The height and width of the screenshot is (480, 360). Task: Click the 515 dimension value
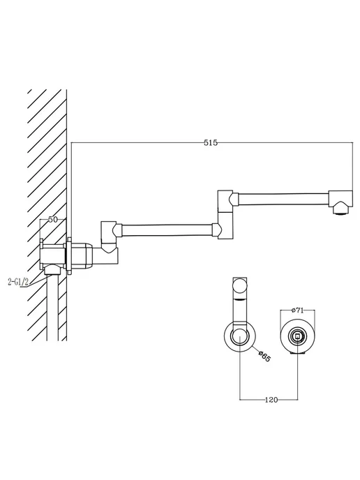(211, 142)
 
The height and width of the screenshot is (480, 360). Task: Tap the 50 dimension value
(53, 219)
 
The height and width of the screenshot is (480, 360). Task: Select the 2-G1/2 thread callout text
(17, 283)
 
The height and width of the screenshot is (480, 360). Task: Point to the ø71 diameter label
(297, 310)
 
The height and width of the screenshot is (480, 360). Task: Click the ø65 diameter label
(264, 356)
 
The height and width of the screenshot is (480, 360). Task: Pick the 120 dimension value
(271, 400)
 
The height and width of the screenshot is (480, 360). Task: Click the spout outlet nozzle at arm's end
(340, 210)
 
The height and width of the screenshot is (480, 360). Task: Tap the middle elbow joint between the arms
(226, 214)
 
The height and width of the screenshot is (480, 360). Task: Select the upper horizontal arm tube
(283, 198)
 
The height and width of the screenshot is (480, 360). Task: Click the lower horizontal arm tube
(167, 230)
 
